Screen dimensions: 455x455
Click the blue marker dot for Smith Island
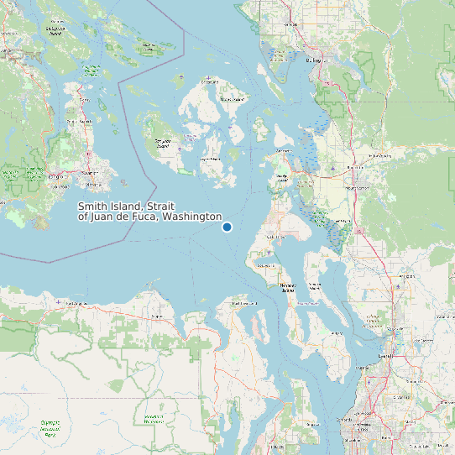coord(227,227)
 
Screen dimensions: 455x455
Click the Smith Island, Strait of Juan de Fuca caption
coord(149,212)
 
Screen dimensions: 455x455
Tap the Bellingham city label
coord(314,60)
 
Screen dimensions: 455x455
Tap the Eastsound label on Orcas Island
coord(209,82)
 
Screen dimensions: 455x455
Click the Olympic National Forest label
coord(153,418)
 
